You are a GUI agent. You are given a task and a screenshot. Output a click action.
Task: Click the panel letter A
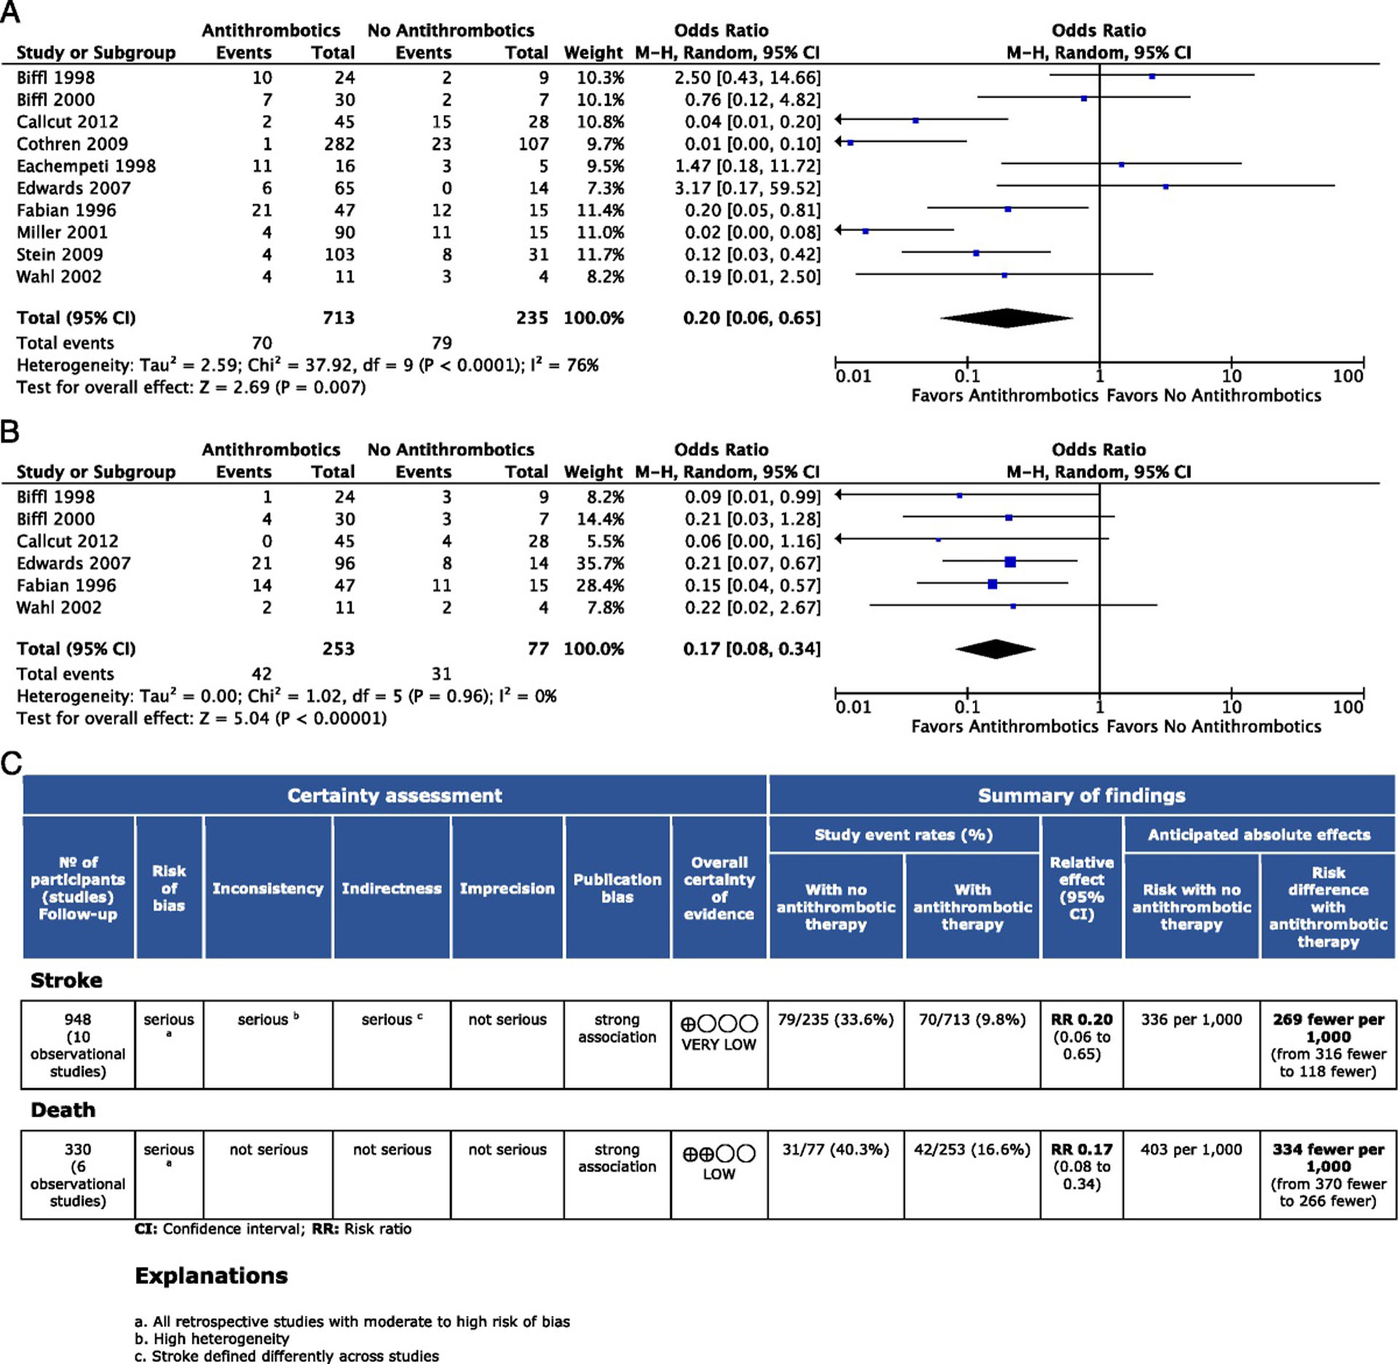pos(10,12)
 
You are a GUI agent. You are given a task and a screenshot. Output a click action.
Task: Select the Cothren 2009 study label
pos(72,144)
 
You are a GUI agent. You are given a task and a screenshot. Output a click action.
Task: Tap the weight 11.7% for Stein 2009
pos(600,255)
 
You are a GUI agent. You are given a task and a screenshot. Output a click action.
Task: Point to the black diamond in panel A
pos(1006,318)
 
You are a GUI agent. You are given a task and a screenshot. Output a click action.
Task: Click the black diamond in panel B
pos(995,649)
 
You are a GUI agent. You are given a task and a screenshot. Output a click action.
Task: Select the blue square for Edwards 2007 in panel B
pos(1010,561)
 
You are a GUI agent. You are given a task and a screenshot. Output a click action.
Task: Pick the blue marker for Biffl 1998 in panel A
pos(1152,76)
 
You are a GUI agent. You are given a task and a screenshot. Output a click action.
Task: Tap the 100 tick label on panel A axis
pos(1348,376)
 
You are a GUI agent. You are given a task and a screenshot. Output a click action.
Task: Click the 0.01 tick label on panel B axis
pos(853,707)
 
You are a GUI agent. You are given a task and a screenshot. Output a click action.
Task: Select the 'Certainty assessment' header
pos(395,796)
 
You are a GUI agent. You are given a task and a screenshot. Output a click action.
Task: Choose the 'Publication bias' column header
pos(617,888)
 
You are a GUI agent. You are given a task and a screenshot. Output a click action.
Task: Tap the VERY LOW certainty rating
pos(719,1044)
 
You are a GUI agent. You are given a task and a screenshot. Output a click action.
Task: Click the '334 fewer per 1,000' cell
pos(1328,1158)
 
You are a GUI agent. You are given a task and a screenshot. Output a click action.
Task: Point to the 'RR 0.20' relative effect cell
pos(1081,1020)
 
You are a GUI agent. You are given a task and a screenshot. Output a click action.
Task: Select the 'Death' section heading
pos(63,1110)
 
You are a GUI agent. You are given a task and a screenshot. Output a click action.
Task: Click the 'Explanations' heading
pos(211,1276)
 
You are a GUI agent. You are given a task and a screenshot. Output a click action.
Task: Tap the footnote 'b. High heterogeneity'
pos(212,1339)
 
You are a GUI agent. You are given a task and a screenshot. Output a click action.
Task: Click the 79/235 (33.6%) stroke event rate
pos(835,1020)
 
